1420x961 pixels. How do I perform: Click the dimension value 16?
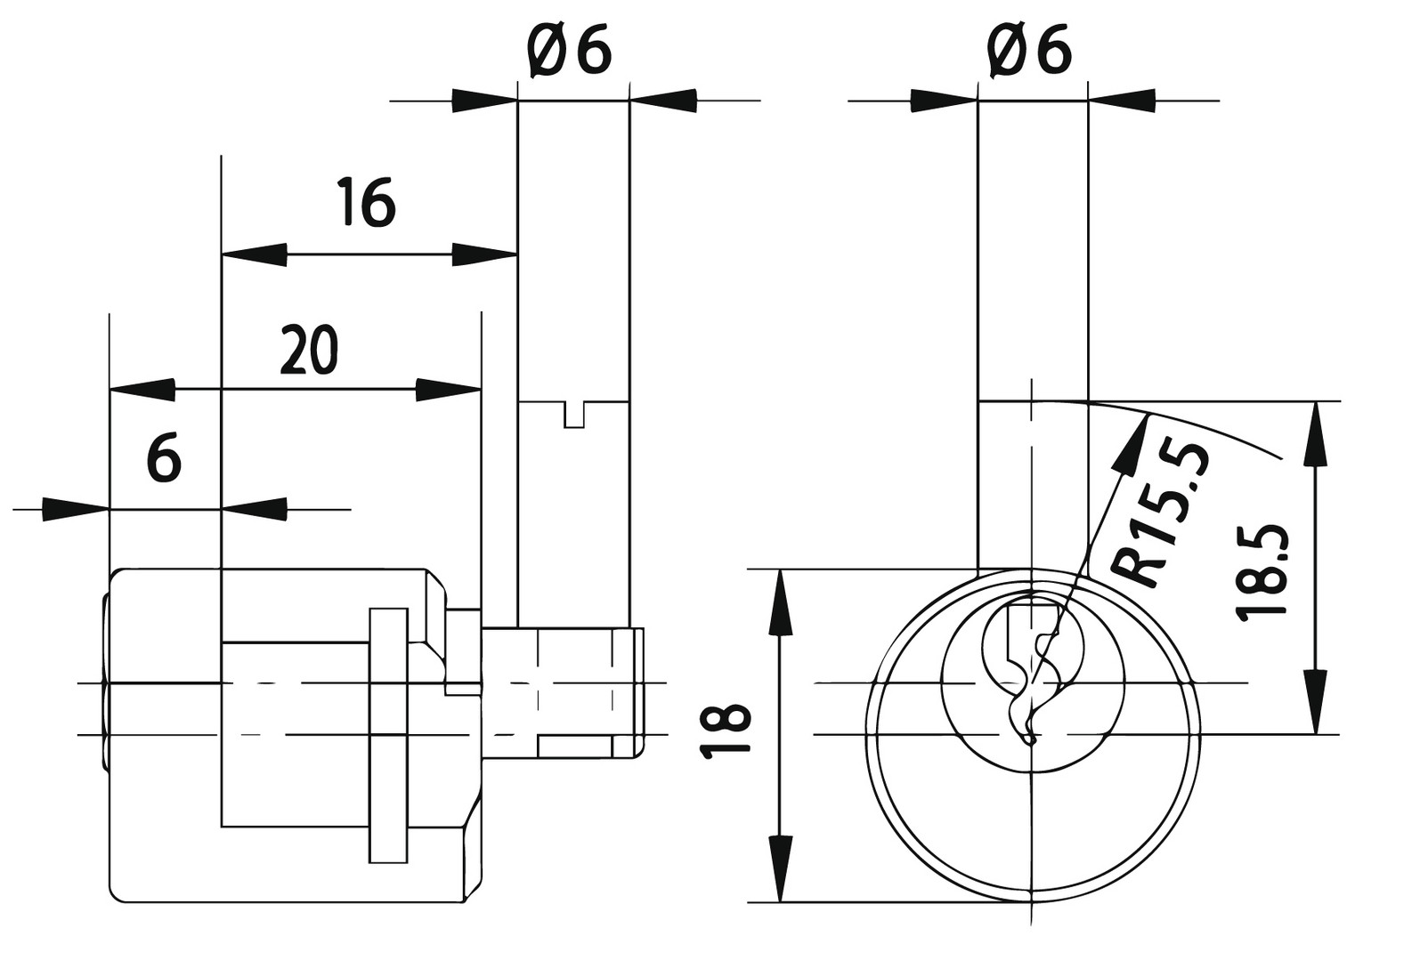point(366,203)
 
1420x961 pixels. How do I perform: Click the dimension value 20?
point(309,351)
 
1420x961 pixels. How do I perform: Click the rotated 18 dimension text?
point(726,731)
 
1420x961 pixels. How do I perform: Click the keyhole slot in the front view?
point(1033,667)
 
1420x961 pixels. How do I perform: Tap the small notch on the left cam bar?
point(574,414)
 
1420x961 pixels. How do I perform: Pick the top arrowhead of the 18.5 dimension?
point(1316,432)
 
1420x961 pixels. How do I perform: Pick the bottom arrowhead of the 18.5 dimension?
point(1316,703)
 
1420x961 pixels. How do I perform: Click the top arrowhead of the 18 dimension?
point(780,601)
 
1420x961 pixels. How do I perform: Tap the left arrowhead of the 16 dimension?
point(254,255)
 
